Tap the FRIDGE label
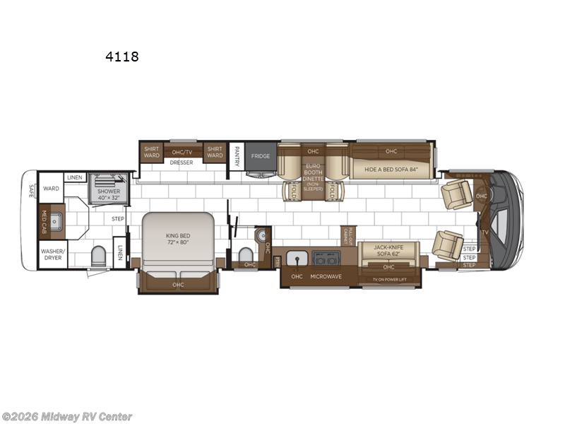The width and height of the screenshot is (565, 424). (x=260, y=156)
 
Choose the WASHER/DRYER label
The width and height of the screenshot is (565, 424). (x=52, y=254)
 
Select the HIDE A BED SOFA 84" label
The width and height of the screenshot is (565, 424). (x=391, y=170)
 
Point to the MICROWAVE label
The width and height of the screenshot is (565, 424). (x=327, y=276)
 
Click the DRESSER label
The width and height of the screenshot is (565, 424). (x=182, y=163)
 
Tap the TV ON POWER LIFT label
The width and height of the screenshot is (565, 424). (x=389, y=280)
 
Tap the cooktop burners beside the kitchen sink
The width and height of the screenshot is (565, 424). (x=327, y=257)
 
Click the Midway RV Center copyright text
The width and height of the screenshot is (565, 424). (x=66, y=417)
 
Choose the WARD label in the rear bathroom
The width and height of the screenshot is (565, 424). (x=51, y=189)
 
